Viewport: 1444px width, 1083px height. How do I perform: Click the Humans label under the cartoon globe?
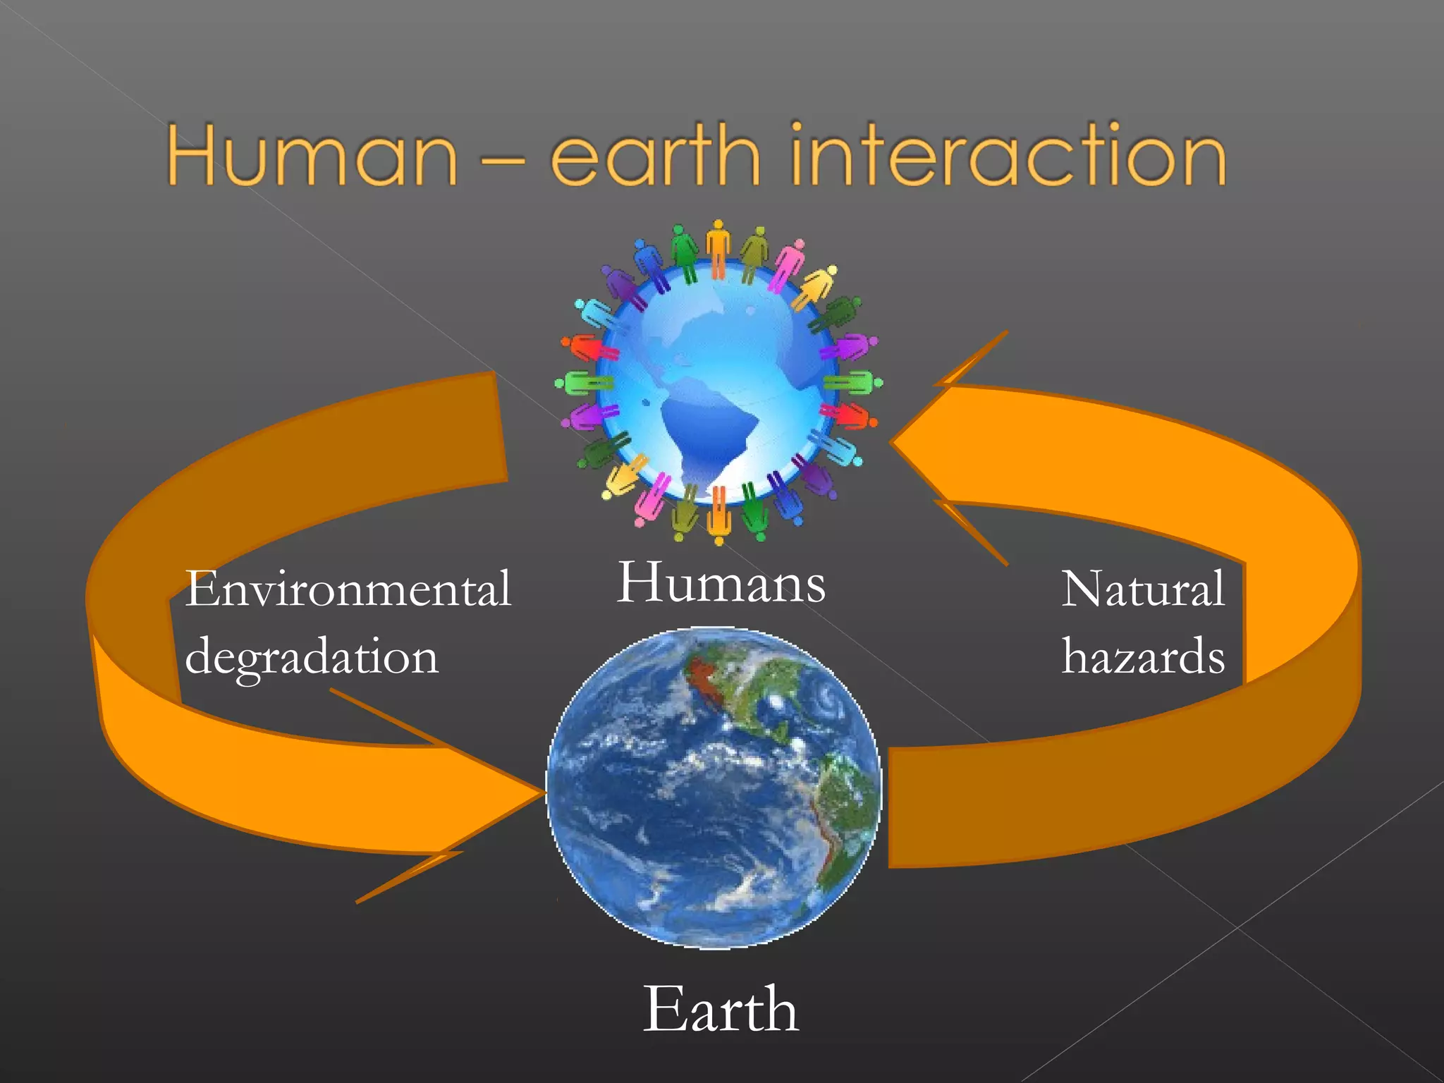721,583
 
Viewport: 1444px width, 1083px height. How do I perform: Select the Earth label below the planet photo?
721,1010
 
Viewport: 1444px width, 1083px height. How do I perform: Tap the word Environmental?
348,589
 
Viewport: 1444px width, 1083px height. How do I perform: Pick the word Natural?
1143,589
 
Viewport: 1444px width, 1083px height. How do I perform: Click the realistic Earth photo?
714,788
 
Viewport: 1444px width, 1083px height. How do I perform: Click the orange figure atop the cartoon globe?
718,247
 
